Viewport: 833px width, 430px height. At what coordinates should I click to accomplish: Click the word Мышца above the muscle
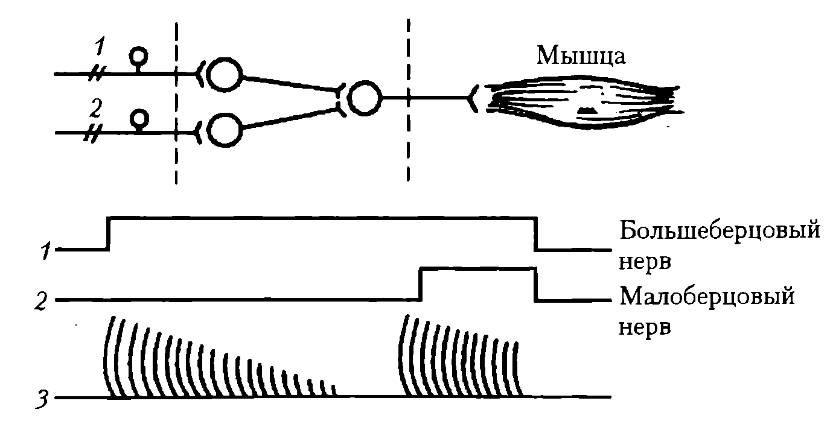pos(581,57)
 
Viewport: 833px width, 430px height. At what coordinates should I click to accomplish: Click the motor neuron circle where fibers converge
pos(365,98)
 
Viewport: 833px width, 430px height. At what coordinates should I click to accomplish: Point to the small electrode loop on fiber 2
pos(139,116)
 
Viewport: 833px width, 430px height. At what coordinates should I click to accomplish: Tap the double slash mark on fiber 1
pos(96,74)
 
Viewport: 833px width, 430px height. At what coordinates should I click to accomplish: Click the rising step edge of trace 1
pos(108,232)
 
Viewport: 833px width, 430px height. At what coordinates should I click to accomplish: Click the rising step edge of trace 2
pos(421,284)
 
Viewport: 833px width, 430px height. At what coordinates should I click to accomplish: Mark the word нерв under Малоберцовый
pos(645,329)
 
